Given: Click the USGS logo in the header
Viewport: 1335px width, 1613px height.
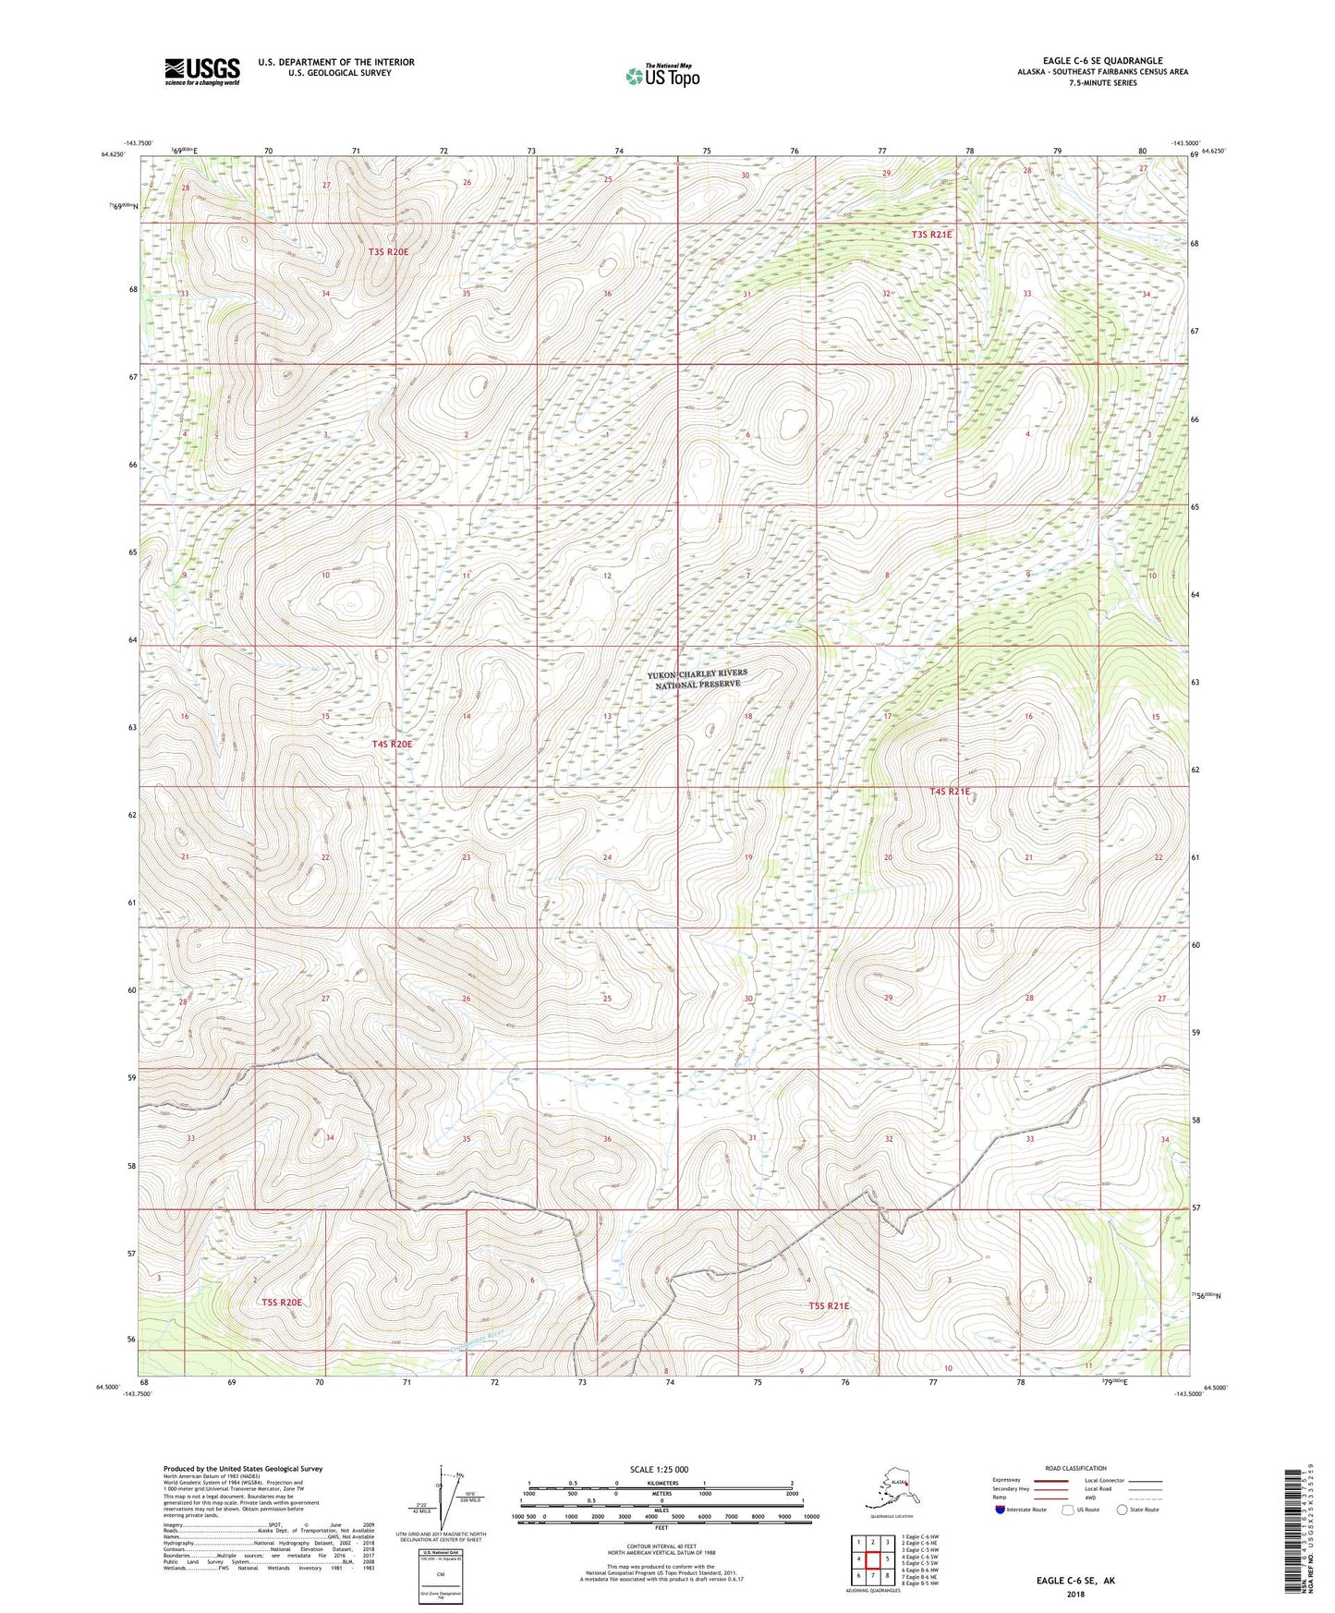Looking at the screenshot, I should tap(201, 71).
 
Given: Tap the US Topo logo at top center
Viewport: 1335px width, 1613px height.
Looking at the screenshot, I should tap(661, 76).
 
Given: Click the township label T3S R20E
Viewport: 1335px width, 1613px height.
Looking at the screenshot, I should tap(388, 251).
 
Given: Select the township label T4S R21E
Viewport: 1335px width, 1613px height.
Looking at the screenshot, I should tap(950, 792).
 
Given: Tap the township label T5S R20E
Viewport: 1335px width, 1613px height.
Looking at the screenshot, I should tap(282, 1303).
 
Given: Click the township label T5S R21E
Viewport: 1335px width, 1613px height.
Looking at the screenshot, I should tap(829, 1305).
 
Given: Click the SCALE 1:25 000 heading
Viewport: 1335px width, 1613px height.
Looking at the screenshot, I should tap(660, 1469).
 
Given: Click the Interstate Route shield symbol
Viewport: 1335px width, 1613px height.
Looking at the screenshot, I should tap(1001, 1510).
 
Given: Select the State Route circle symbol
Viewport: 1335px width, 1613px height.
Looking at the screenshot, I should tap(1123, 1510).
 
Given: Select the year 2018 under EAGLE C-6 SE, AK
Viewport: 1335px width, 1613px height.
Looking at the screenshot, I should tap(1074, 1594).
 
